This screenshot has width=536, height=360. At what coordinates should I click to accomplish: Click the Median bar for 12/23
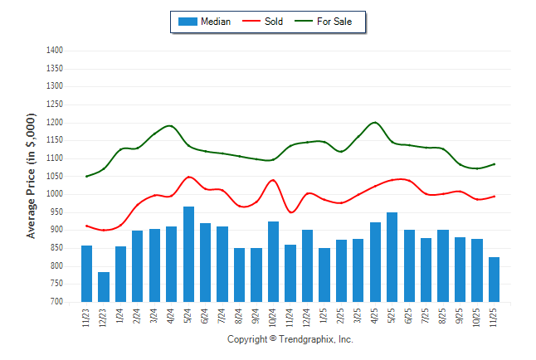click(x=104, y=287)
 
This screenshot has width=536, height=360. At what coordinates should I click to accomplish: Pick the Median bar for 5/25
click(x=392, y=257)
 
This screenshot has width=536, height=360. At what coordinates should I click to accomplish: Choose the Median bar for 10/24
click(x=273, y=261)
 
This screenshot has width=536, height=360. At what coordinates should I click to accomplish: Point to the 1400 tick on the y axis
click(x=56, y=51)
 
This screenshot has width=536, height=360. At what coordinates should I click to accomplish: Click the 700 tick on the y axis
click(x=57, y=302)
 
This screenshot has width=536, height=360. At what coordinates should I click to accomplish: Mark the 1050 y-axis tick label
click(x=56, y=177)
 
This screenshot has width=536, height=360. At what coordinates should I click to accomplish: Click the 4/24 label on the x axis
click(x=172, y=319)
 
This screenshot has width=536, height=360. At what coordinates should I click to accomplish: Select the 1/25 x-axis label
click(x=324, y=319)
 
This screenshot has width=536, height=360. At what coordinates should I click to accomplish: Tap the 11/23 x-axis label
click(x=87, y=319)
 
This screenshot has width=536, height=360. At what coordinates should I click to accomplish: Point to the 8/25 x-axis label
click(x=443, y=319)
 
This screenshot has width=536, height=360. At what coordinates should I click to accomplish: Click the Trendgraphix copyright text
click(x=290, y=340)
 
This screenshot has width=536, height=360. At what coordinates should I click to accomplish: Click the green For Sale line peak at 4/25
click(x=375, y=123)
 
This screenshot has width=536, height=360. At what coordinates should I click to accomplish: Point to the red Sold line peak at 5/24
click(x=189, y=177)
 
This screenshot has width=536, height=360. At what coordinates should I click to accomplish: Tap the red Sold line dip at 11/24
click(x=291, y=212)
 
